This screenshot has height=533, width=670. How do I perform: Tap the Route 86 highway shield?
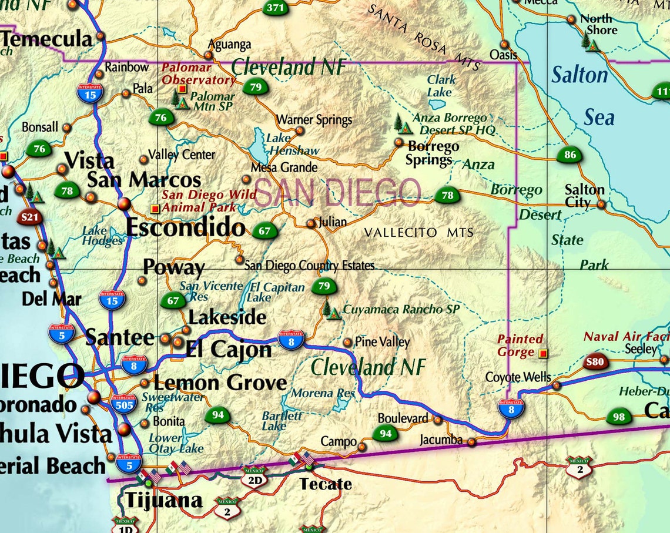coord(569,155)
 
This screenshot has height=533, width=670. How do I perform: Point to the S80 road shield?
coord(595,362)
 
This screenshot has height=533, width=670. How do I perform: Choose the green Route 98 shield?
coord(618,417)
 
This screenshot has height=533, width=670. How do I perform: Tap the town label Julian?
coord(333,223)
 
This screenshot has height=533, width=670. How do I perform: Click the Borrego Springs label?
coord(432,153)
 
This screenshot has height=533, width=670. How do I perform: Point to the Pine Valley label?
coord(383,342)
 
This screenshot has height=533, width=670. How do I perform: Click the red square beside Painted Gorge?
coord(543,354)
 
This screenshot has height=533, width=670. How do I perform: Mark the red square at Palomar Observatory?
coord(182,89)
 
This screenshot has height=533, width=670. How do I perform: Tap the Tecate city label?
coord(326,484)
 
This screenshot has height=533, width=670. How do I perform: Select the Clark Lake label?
coord(440,86)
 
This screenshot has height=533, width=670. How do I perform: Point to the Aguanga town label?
coord(230,45)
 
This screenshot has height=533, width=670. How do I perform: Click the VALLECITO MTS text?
coord(418,233)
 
